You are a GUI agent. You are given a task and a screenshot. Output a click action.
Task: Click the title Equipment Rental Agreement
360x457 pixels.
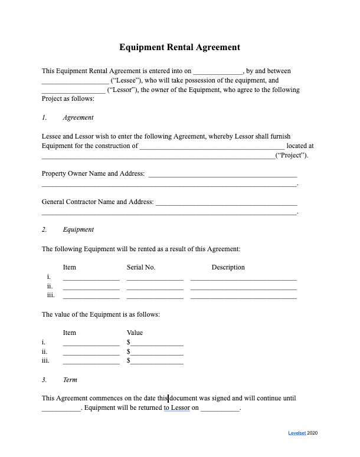coord(179,47)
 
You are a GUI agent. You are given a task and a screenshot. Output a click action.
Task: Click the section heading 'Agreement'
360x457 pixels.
coord(78,117)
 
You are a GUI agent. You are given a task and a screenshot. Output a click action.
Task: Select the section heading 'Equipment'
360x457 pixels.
coord(78,229)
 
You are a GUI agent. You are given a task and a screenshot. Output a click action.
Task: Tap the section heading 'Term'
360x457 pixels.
coord(70,380)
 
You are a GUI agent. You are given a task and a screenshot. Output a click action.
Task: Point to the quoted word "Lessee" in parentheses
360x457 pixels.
coord(125,81)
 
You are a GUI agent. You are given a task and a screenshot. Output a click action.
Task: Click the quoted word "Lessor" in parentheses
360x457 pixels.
coord(122,90)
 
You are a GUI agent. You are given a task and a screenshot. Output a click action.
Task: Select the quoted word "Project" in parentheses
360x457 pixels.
coord(292,156)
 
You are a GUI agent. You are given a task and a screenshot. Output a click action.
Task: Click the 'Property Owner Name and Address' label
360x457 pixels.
coord(93,173)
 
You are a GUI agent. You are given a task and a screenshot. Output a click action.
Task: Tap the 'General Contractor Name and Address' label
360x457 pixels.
coord(97,202)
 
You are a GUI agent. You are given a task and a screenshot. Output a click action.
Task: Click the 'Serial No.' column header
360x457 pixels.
coord(141,267)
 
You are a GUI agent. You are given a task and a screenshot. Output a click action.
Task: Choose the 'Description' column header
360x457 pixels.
coord(228,267)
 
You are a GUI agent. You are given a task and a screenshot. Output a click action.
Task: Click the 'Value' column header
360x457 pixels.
coord(135,333)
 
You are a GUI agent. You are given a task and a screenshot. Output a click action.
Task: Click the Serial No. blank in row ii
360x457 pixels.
coord(155,287)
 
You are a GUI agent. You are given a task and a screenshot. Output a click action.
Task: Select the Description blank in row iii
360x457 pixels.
coord(243,297)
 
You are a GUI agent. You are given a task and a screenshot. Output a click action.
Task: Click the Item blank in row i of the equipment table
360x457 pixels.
coord(91,278)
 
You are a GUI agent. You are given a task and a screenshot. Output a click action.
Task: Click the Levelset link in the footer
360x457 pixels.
coord(296,433)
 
